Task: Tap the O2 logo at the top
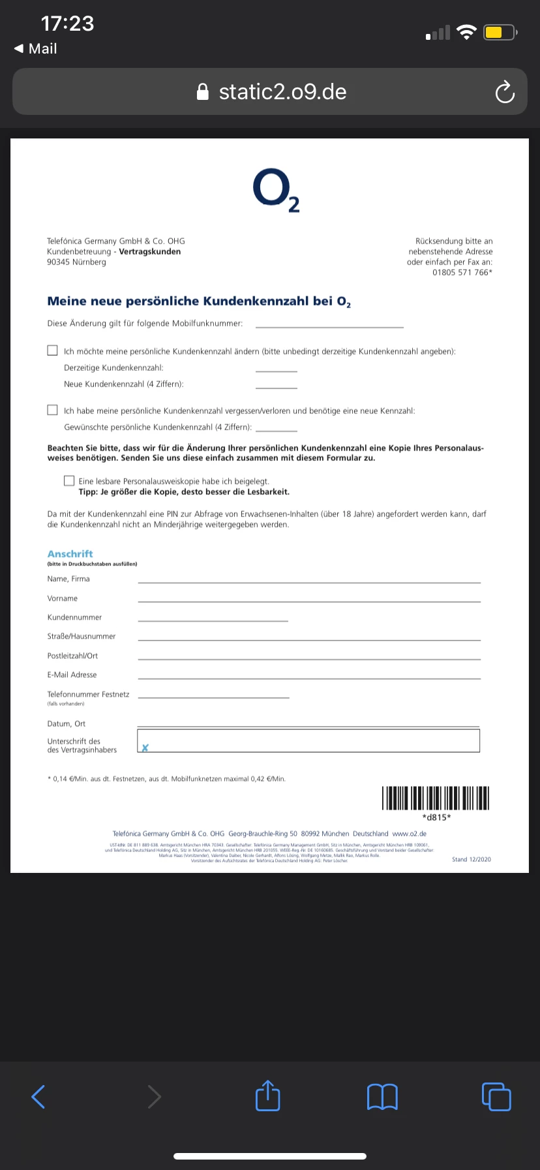(275, 190)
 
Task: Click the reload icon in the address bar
(505, 92)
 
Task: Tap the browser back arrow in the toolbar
(38, 1096)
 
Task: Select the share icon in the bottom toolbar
(267, 1096)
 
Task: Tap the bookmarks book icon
(382, 1096)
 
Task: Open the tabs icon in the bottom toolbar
(496, 1096)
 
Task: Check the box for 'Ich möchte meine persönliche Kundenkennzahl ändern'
(52, 351)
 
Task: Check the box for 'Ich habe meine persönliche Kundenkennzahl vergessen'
(52, 410)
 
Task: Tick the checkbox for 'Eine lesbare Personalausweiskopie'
(69, 481)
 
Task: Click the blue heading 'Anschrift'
(70, 554)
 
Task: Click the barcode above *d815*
(435, 798)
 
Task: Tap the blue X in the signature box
(145, 748)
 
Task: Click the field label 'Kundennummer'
(74, 617)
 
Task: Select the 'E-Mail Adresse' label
(72, 674)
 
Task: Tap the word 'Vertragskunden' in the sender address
(149, 251)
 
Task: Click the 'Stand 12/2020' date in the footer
(471, 859)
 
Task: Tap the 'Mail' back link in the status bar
(37, 48)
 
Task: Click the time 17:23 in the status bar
(67, 24)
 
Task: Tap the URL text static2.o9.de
(282, 91)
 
